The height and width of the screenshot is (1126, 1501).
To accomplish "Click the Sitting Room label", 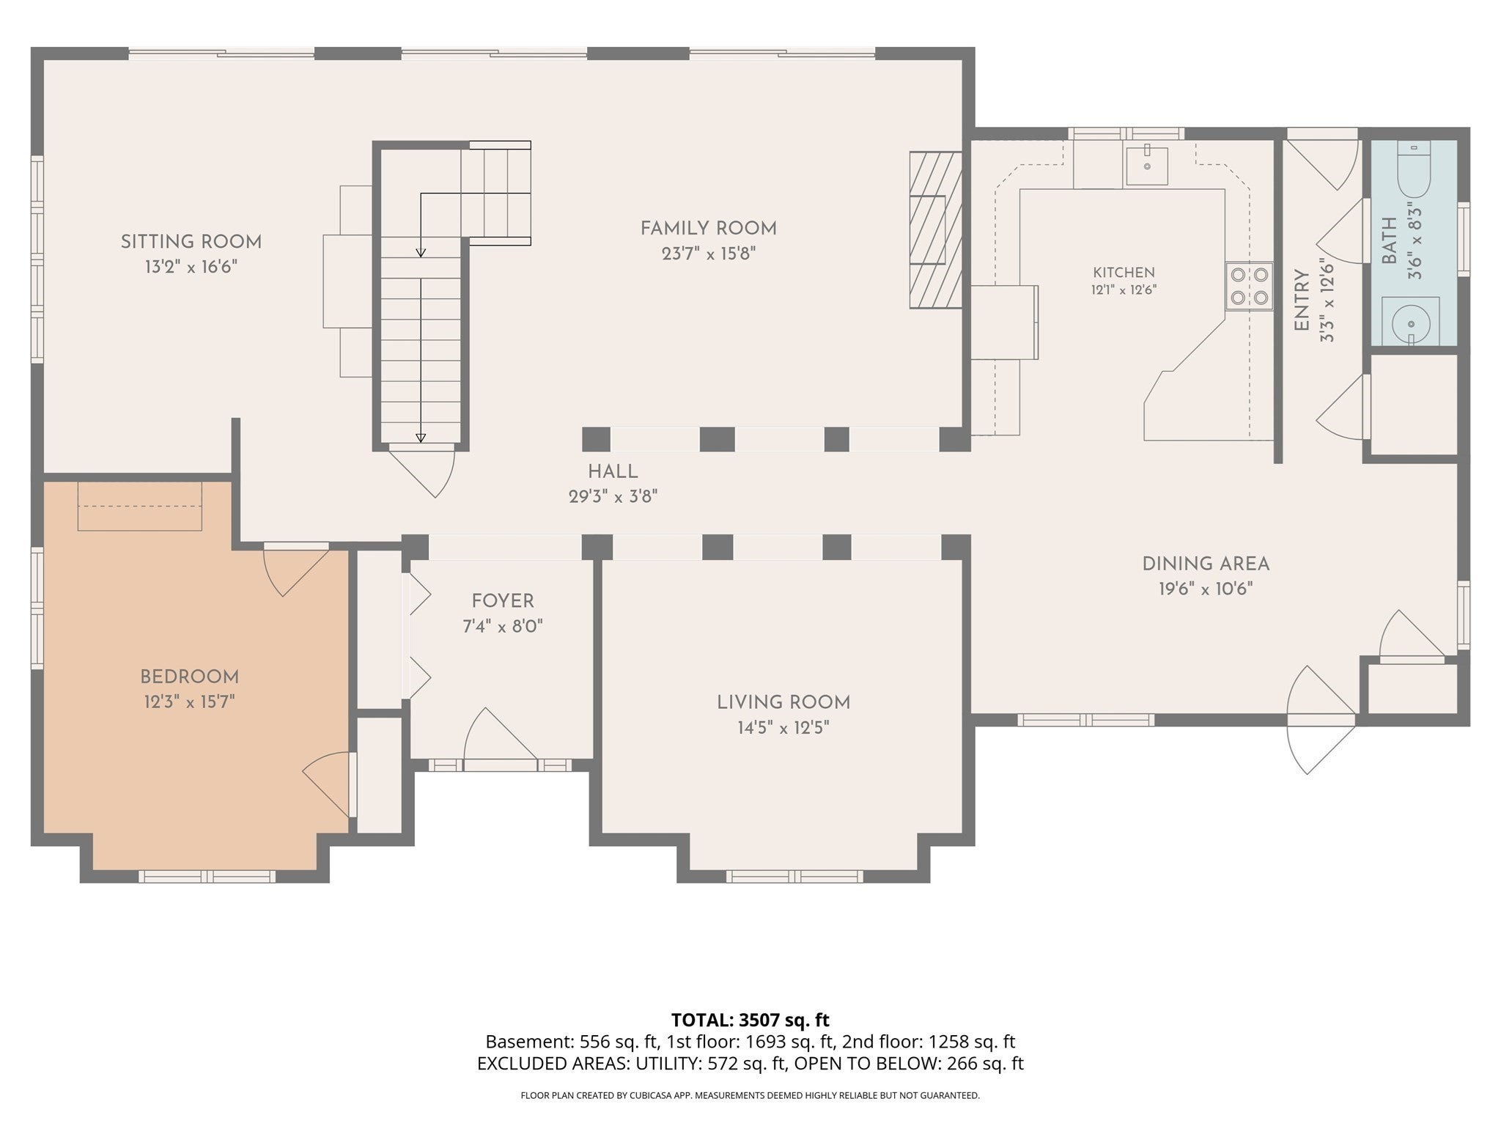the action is click(x=191, y=242).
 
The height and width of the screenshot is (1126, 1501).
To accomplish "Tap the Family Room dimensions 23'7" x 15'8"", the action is click(x=708, y=254).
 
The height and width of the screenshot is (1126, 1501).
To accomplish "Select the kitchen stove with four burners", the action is click(x=1250, y=286).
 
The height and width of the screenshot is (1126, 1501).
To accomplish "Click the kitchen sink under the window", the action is click(x=1147, y=165).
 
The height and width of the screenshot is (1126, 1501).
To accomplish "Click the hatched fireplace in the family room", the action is click(x=936, y=229).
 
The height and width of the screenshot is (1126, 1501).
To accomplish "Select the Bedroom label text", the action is click(x=190, y=677).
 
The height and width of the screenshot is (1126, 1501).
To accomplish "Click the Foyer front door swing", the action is click(x=501, y=737).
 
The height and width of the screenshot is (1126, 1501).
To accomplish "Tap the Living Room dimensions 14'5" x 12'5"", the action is click(x=783, y=728).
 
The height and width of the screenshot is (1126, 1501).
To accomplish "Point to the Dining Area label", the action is click(x=1206, y=564).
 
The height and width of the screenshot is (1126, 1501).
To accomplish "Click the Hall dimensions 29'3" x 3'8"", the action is click(x=613, y=496).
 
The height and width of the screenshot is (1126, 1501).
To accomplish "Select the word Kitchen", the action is click(x=1124, y=273).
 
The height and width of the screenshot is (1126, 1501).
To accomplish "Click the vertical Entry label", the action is click(x=1302, y=301).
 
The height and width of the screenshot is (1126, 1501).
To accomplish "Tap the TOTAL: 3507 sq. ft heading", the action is click(x=750, y=1020).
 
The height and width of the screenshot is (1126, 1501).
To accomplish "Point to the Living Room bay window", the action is click(x=795, y=875).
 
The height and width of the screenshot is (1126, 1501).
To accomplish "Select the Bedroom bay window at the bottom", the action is click(x=207, y=875).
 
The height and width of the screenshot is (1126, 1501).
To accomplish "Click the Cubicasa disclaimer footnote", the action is click(x=750, y=1096).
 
